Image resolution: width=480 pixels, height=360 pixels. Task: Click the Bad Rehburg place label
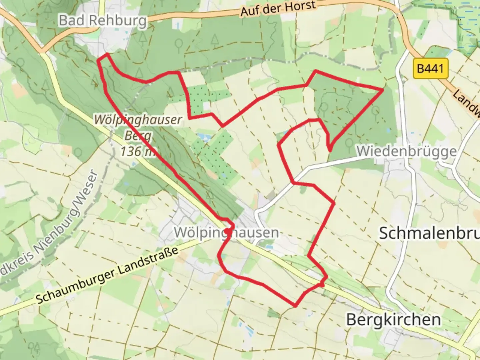tap(103, 21)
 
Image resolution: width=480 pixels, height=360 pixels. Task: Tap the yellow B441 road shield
tap(430, 69)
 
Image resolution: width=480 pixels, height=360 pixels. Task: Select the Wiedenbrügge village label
tap(406, 151)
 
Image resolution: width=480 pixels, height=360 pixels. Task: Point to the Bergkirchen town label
tap(393, 319)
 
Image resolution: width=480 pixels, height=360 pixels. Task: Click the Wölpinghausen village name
tap(226, 232)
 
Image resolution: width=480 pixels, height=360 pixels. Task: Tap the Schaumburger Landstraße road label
tap(107, 276)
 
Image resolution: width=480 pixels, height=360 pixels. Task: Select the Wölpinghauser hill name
tap(138, 120)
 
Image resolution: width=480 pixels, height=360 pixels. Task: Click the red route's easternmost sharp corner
tap(383, 90)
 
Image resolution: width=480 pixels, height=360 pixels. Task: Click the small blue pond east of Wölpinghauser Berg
tap(201, 136)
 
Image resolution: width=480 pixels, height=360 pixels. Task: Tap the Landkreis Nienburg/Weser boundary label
tap(50, 227)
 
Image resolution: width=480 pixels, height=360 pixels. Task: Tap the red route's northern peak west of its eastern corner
tap(315, 71)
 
